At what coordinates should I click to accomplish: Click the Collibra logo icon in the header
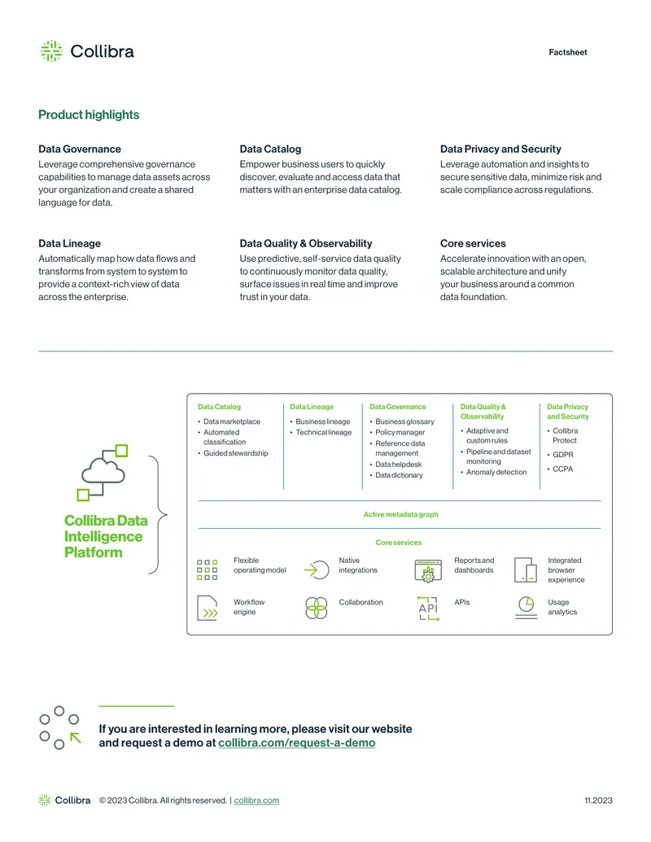(x=51, y=51)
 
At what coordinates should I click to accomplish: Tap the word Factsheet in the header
(x=568, y=52)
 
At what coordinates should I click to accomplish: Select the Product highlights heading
(x=89, y=115)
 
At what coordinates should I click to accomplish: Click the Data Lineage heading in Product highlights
(x=69, y=243)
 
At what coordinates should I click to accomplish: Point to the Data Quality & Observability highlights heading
(x=306, y=243)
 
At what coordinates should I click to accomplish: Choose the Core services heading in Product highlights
(x=473, y=243)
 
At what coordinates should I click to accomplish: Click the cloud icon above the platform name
(x=104, y=473)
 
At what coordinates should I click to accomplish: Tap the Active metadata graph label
(x=400, y=514)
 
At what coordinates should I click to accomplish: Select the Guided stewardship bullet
(x=235, y=453)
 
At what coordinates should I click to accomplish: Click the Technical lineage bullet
(x=323, y=432)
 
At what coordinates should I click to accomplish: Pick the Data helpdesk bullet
(x=399, y=465)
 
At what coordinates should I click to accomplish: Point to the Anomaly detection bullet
(x=496, y=472)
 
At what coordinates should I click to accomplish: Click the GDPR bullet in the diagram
(x=563, y=454)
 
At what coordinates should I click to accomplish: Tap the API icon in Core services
(x=428, y=609)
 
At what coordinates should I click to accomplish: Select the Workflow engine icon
(x=208, y=608)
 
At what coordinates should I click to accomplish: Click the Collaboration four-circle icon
(x=317, y=608)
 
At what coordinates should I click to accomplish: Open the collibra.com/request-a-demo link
(x=296, y=743)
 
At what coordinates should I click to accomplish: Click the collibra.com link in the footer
(x=256, y=801)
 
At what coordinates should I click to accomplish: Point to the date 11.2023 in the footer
(x=598, y=801)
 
